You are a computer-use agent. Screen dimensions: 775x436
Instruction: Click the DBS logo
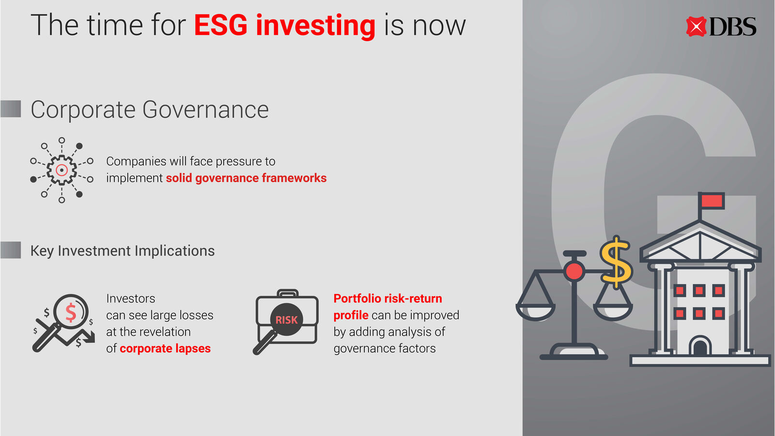coord(721,26)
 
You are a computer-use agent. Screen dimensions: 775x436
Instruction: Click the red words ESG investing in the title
coord(284,26)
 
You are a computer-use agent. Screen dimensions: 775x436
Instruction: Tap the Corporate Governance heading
coord(150,109)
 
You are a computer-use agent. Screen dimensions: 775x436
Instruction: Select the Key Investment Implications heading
coord(123,251)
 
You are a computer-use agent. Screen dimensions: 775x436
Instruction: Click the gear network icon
coord(62,170)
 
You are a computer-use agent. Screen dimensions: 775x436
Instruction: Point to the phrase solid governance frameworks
coord(246,178)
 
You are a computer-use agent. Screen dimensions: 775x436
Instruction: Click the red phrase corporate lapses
coord(165,348)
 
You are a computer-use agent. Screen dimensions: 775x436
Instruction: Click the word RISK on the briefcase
coord(286,320)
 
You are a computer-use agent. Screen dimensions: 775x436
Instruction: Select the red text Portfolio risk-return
coord(387,298)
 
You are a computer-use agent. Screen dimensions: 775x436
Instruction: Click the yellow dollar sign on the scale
coord(616,262)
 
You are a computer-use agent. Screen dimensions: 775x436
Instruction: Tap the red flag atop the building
coord(712,201)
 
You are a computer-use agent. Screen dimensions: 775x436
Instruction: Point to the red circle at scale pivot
coord(574,271)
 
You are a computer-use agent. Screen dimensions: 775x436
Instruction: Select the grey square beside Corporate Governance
coord(11,109)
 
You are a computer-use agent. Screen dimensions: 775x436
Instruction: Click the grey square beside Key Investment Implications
coord(11,250)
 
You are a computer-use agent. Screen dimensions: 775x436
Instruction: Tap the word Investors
coord(130,298)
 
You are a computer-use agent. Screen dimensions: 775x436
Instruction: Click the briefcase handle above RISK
coord(288,294)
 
